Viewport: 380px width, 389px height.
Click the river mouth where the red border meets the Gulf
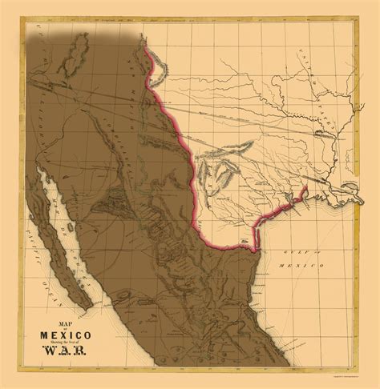pyautogui.click(x=255, y=249)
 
